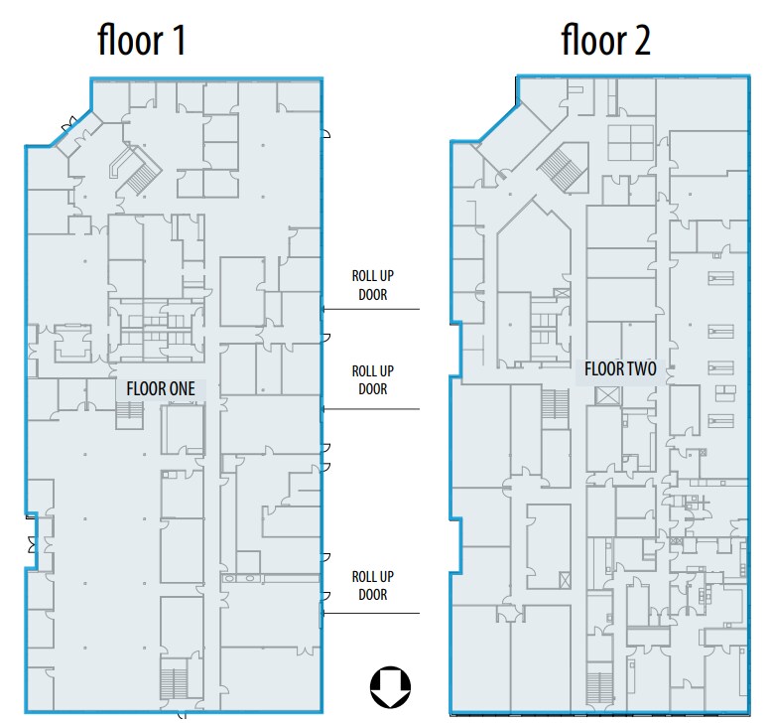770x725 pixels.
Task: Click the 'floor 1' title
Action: (141, 40)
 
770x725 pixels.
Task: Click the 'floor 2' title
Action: (605, 40)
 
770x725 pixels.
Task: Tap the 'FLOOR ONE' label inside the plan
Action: (161, 388)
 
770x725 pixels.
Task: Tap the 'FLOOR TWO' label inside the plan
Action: (620, 368)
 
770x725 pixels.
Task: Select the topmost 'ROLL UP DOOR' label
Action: (373, 285)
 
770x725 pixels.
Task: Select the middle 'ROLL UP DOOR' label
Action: (373, 380)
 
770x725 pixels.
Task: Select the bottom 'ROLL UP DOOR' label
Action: (373, 585)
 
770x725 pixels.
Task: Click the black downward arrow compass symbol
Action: (390, 687)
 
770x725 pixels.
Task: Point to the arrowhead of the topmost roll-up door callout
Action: (324, 309)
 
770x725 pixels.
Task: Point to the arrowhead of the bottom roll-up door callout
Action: (324, 613)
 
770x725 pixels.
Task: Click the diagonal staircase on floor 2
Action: (563, 168)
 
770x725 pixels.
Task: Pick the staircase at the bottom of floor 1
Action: (174, 684)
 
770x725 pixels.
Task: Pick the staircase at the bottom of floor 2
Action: (599, 687)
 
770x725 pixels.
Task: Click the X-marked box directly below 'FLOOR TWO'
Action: (608, 395)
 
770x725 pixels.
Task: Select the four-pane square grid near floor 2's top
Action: (630, 143)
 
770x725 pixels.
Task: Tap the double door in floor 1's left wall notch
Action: (33, 544)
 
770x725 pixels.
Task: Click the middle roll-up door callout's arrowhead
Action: (324, 409)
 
